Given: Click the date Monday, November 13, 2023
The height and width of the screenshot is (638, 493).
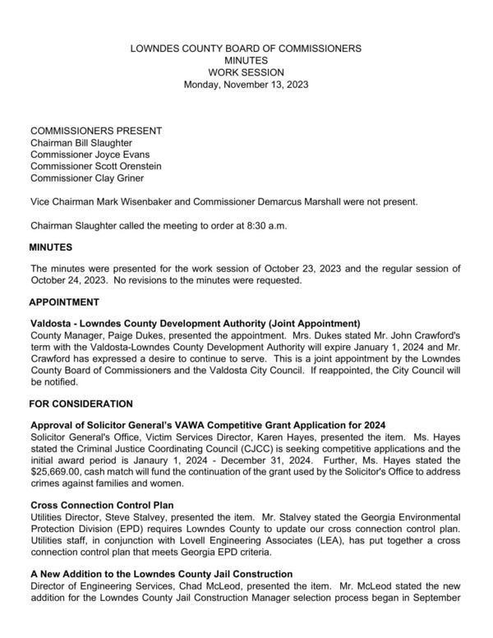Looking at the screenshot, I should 246,84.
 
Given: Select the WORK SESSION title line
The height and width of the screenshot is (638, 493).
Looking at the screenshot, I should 246,72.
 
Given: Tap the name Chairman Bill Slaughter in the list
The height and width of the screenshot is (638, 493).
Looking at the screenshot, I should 81,142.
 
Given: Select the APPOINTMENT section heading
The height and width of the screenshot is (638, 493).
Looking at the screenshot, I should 65,303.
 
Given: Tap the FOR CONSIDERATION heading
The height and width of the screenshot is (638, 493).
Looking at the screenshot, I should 81,404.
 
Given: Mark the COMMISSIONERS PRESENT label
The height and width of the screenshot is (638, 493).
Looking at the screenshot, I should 95,131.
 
